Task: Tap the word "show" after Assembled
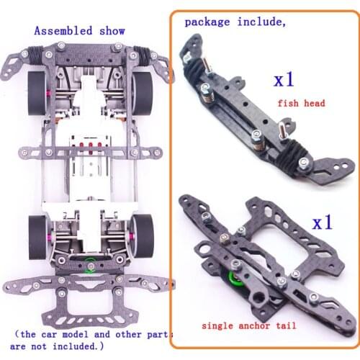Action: [112, 31]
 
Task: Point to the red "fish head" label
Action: [301, 103]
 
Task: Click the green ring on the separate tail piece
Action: [234, 282]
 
